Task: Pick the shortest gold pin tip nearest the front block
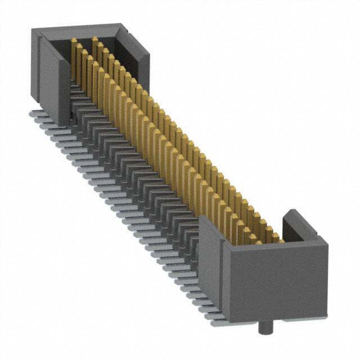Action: [276, 236]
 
